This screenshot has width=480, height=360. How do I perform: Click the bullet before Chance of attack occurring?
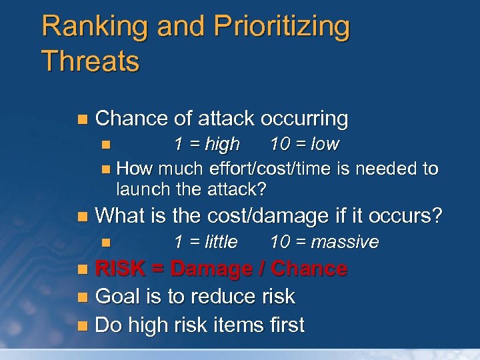click(81, 119)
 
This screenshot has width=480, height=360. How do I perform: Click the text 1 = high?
click(206, 144)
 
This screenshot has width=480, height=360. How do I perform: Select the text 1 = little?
click(205, 241)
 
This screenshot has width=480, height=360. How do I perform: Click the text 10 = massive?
click(324, 241)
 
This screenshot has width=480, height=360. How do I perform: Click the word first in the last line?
click(282, 325)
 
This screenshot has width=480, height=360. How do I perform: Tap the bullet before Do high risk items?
click(81, 326)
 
